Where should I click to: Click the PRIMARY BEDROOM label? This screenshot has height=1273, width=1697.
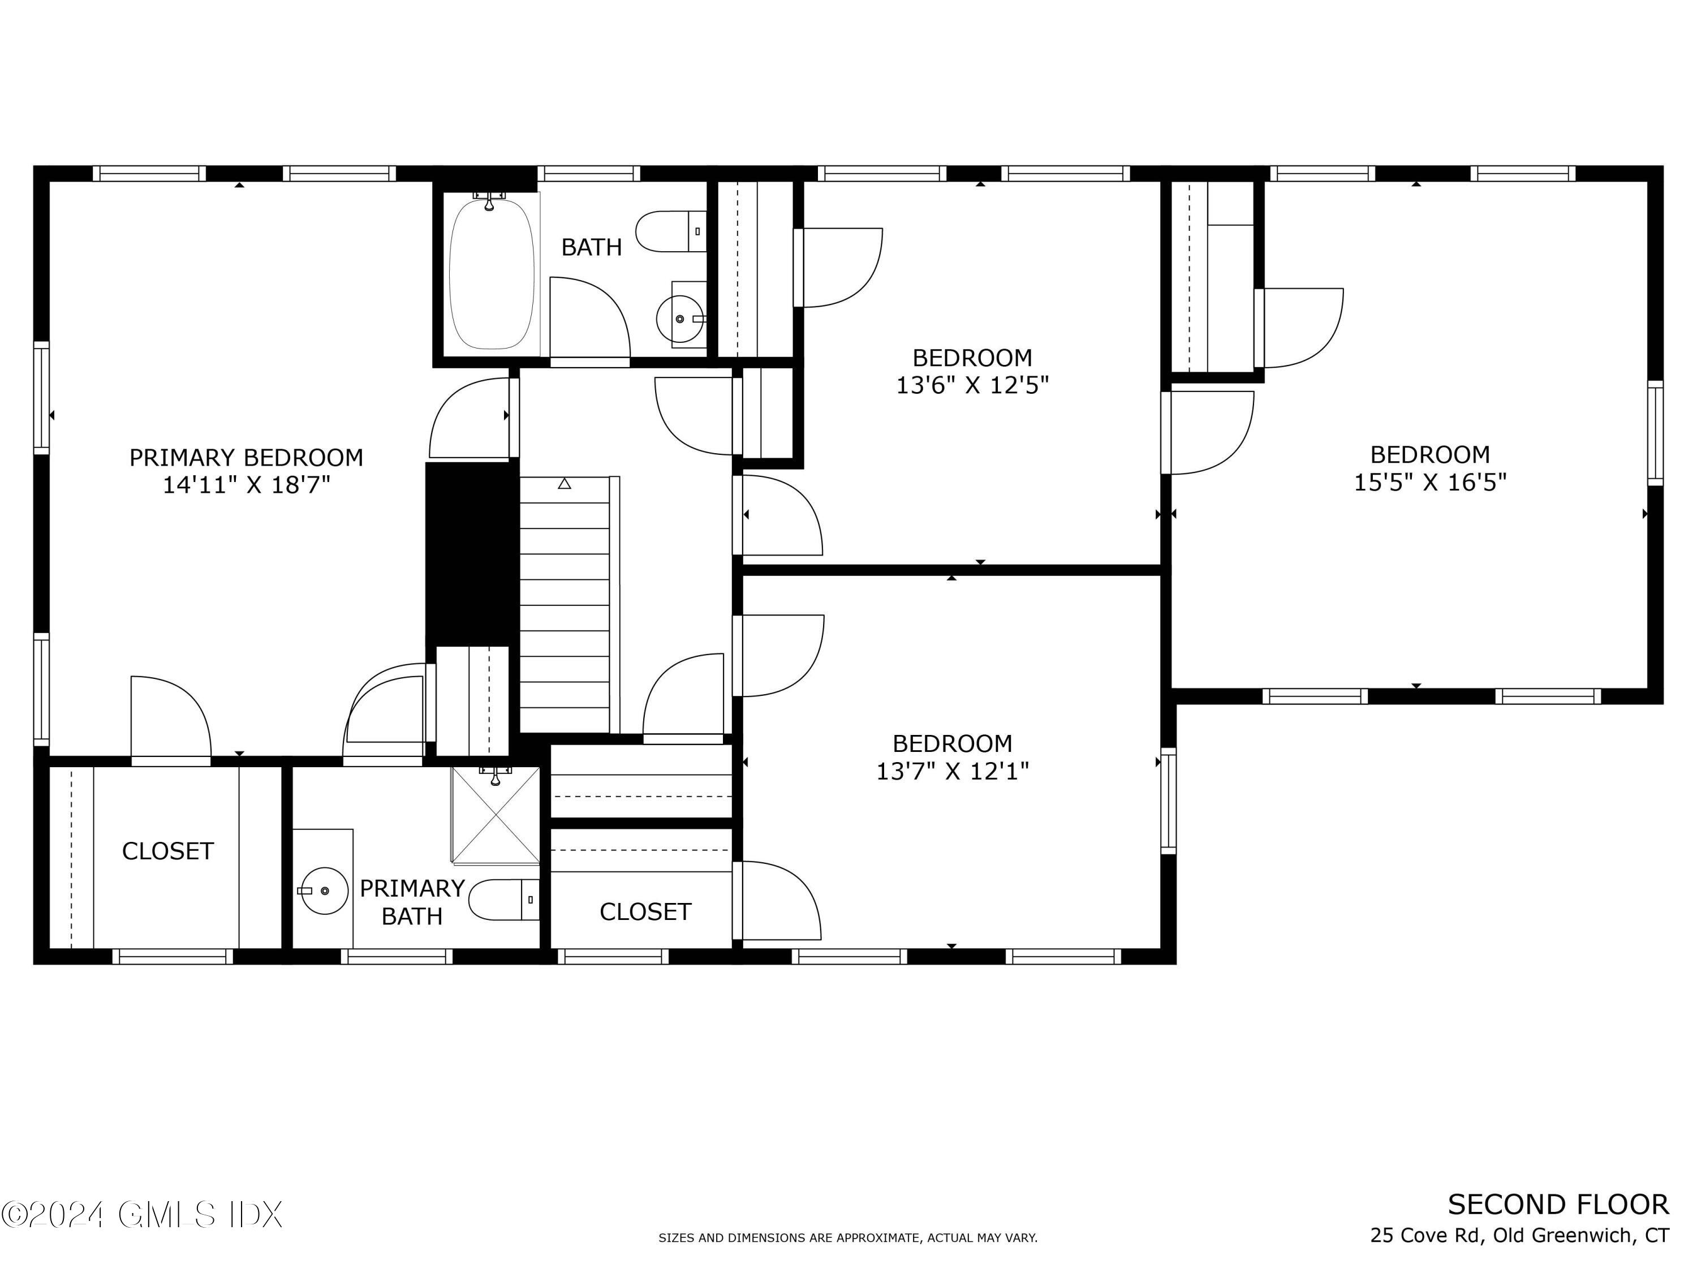pyautogui.click(x=245, y=458)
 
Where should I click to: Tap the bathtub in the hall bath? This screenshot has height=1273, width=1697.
pyautogui.click(x=491, y=272)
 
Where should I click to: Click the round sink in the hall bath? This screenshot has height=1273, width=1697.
pyautogui.click(x=680, y=319)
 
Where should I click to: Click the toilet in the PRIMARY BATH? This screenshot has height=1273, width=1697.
pyautogui.click(x=502, y=900)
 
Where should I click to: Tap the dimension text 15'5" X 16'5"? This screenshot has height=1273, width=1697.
pyautogui.click(x=1430, y=483)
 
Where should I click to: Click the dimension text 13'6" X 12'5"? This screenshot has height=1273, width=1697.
pyautogui.click(x=972, y=385)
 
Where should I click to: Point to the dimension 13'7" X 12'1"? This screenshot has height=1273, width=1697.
pyautogui.click(x=952, y=771)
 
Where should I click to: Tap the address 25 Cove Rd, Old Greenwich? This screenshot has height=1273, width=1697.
pyautogui.click(x=1519, y=1236)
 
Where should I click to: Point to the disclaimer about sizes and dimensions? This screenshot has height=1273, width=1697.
pyautogui.click(x=848, y=1238)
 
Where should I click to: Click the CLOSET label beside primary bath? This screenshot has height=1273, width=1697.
pyautogui.click(x=167, y=851)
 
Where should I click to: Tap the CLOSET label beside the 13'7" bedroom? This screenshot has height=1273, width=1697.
pyautogui.click(x=645, y=911)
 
